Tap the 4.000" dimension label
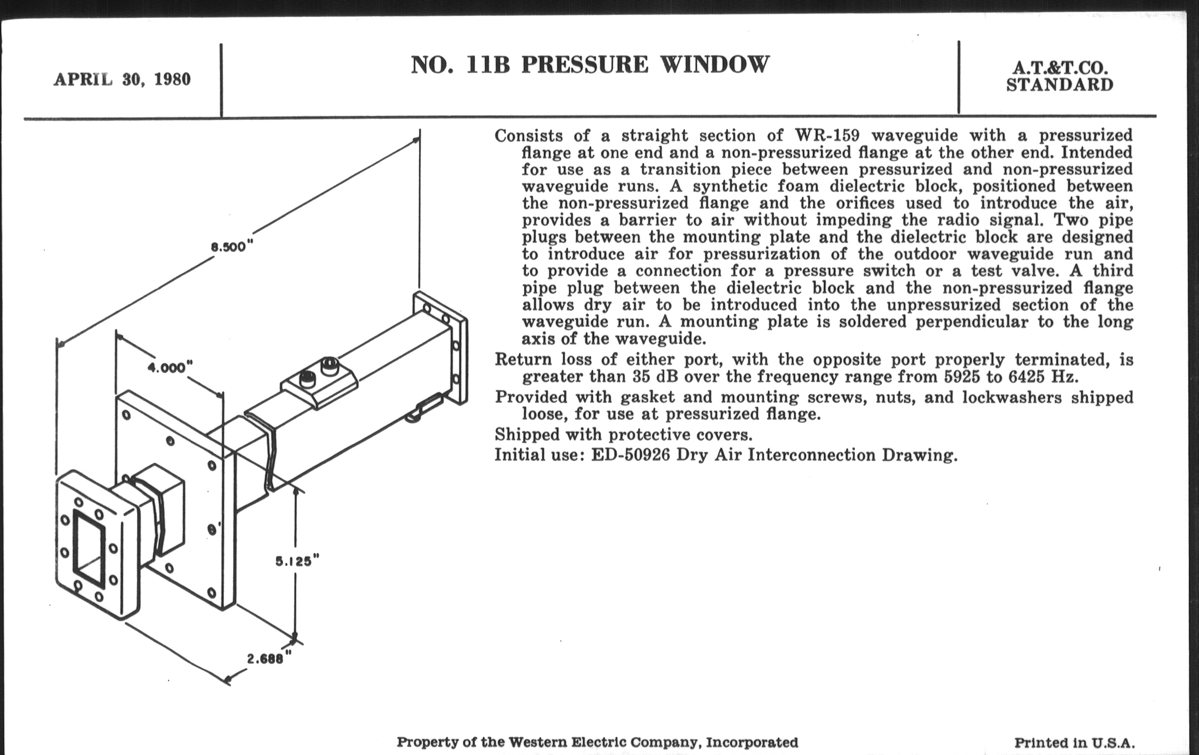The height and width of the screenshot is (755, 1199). (170, 368)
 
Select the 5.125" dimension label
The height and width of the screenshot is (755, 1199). (297, 561)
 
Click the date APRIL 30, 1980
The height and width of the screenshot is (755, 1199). (122, 80)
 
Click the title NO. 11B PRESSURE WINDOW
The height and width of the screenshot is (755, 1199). (590, 65)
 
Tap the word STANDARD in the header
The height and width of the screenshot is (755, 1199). (1059, 85)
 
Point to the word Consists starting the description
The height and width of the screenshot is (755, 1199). (529, 136)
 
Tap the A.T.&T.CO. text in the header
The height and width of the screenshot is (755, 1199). (1059, 68)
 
